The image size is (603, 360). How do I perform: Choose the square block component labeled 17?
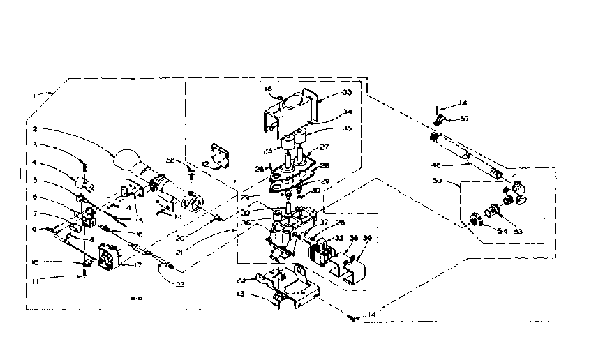[x=108, y=257]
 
